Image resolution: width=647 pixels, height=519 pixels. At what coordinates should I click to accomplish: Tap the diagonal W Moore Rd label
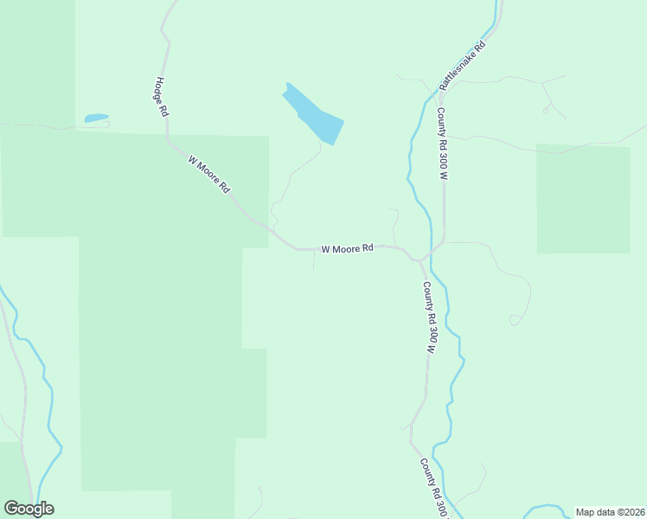[209, 173]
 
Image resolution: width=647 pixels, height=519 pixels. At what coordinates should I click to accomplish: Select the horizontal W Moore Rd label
[347, 248]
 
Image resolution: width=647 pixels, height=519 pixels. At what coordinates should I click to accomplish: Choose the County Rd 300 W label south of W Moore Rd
[428, 317]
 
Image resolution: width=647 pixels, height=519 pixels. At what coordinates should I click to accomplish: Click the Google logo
[29, 509]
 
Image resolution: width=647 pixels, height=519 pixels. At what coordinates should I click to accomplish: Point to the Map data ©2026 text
[610, 512]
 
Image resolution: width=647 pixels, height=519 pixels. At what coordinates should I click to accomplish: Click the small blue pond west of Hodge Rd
[96, 118]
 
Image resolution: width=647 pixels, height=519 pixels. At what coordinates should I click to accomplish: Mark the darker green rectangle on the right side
[583, 199]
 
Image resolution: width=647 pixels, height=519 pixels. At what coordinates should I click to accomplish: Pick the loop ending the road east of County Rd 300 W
[515, 320]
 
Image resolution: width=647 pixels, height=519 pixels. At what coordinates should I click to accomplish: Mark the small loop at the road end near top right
[546, 110]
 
